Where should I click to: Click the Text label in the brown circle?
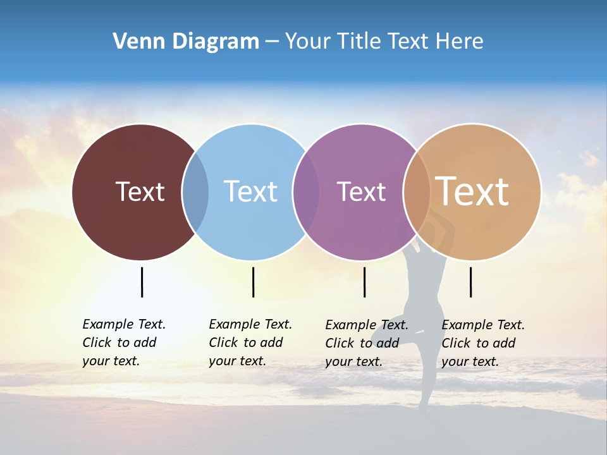[x=140, y=191]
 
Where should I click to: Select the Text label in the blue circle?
[x=250, y=191]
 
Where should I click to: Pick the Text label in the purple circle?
[x=361, y=191]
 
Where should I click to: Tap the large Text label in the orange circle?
[x=472, y=191]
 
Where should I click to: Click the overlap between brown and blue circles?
[x=195, y=192]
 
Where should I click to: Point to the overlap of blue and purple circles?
[x=306, y=192]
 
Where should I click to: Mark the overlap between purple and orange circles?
[x=417, y=192]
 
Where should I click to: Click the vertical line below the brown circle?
[x=142, y=282]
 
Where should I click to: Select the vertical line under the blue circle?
[x=253, y=282]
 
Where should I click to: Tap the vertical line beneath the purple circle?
[x=364, y=282]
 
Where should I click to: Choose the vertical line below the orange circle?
[x=470, y=282]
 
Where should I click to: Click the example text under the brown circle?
[x=124, y=343]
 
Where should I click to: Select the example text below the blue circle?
[x=250, y=343]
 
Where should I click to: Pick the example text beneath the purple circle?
[x=367, y=343]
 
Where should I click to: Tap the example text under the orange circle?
[x=483, y=343]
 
